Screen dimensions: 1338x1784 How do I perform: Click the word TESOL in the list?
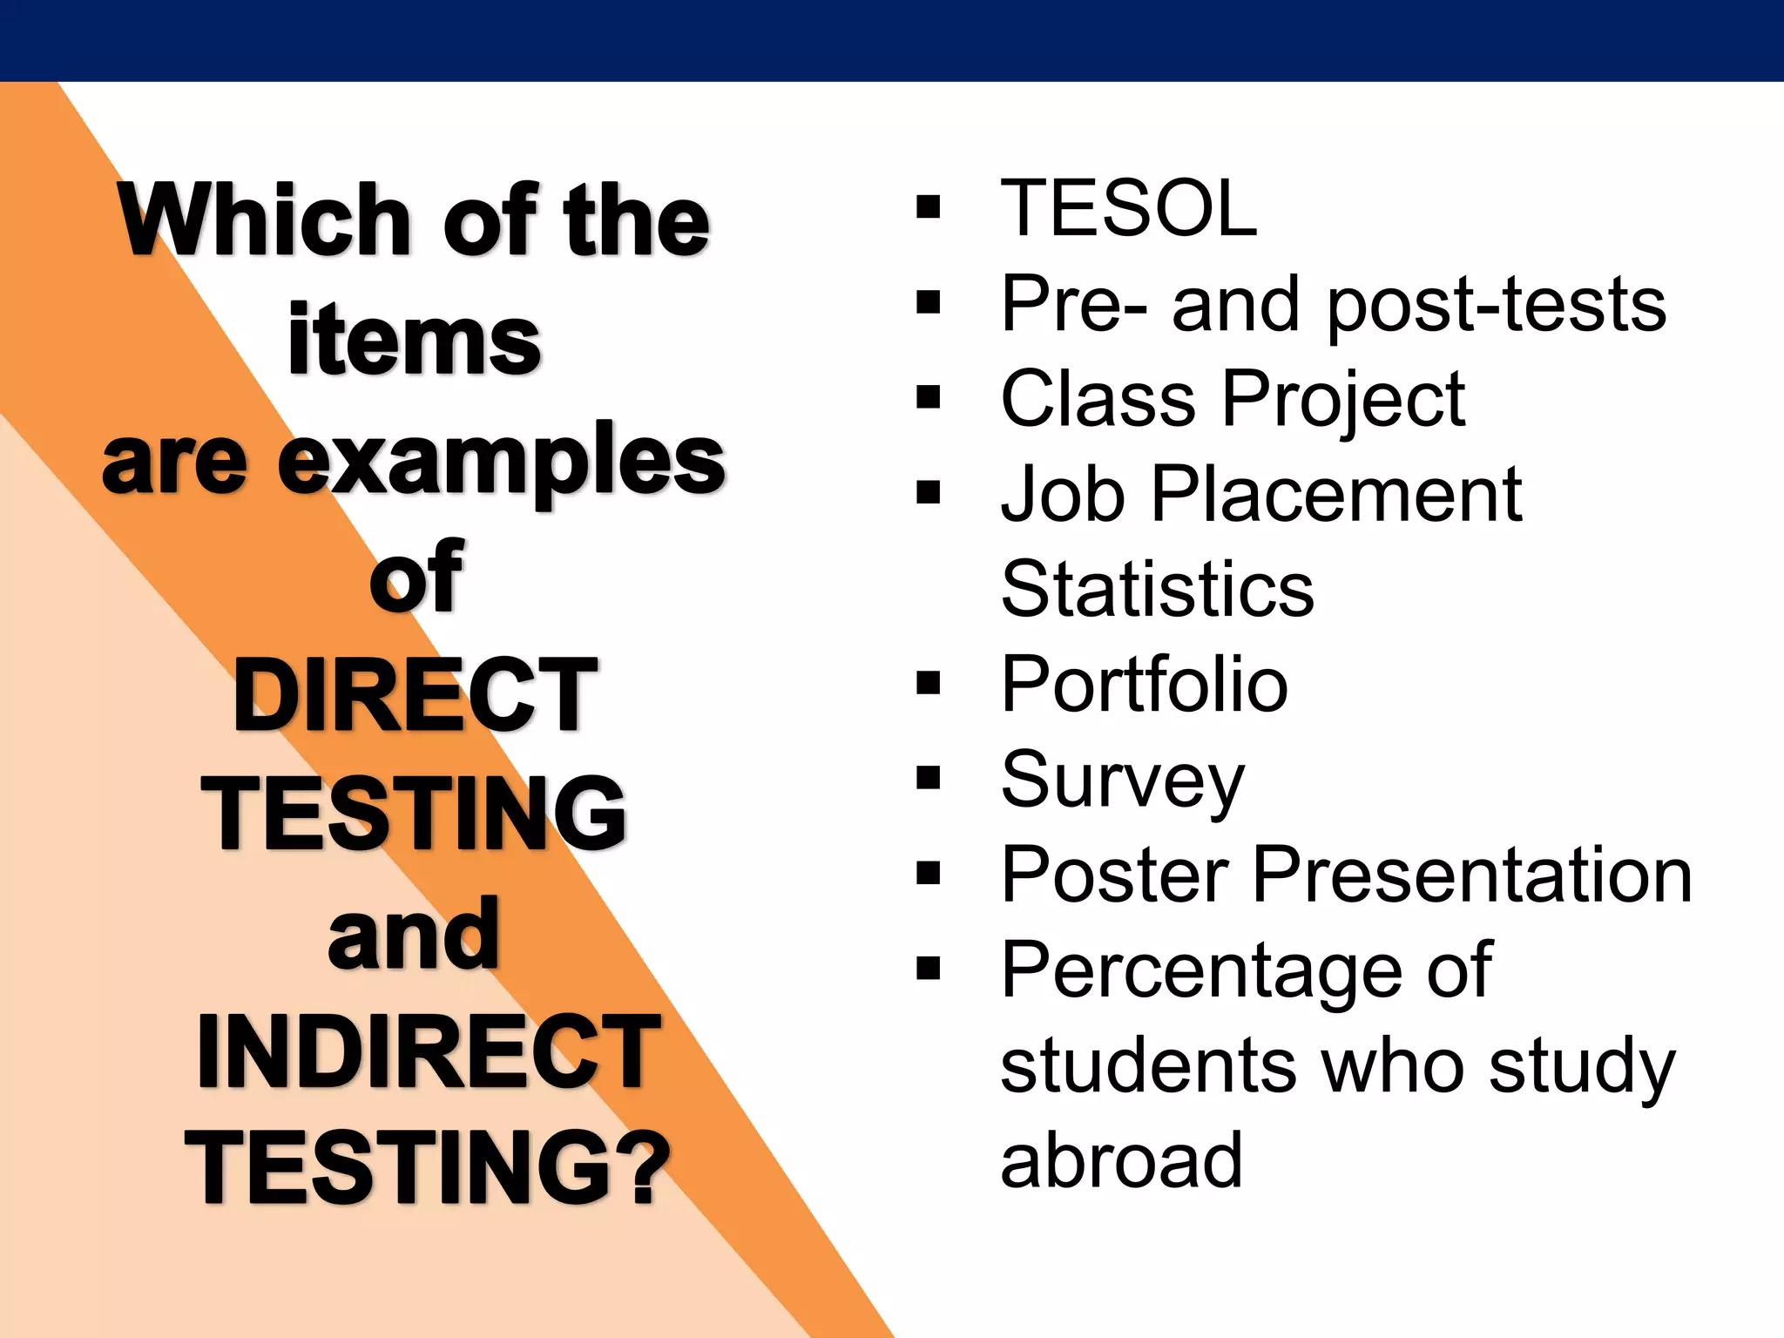[1129, 208]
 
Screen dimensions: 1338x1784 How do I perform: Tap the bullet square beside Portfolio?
[929, 684]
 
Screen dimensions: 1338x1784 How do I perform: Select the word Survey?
[1123, 780]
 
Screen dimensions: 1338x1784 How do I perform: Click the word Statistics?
[1158, 589]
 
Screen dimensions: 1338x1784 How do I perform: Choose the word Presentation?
[1473, 875]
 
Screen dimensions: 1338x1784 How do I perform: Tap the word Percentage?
[1203, 972]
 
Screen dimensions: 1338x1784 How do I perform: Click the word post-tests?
[1497, 306]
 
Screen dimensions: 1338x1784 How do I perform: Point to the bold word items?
[415, 340]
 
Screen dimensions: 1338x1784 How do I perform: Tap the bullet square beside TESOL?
[929, 207]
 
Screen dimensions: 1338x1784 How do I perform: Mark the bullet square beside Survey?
[929, 778]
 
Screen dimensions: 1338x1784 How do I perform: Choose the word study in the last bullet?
[1582, 1068]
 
